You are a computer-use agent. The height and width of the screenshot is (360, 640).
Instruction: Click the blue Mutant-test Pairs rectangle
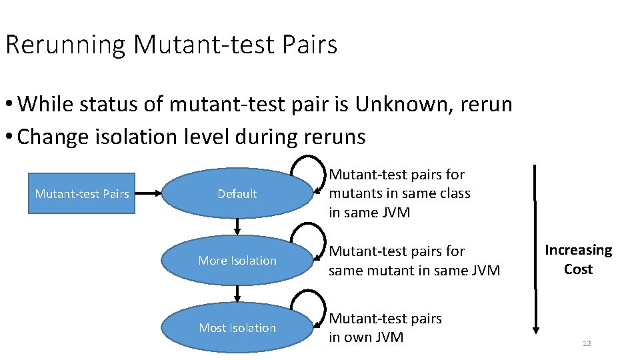(x=81, y=194)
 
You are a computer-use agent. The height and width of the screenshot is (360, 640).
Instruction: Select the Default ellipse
(x=237, y=194)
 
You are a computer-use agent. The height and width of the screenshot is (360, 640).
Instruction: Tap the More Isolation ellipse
(x=237, y=261)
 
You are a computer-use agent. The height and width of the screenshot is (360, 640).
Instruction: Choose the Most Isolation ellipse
(x=237, y=328)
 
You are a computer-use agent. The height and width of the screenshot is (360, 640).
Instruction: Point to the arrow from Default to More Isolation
(x=237, y=227)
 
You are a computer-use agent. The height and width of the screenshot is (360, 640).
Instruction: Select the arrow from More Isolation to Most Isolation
(x=237, y=294)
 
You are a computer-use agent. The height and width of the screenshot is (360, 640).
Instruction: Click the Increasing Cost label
(x=578, y=259)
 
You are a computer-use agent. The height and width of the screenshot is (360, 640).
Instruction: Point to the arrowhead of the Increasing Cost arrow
(x=535, y=329)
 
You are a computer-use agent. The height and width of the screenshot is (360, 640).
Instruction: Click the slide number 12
(x=587, y=343)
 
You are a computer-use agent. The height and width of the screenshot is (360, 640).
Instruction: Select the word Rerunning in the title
(x=65, y=45)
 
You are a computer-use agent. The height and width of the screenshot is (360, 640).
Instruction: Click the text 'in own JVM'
(x=366, y=337)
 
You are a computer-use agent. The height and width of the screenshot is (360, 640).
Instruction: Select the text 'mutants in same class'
(x=399, y=193)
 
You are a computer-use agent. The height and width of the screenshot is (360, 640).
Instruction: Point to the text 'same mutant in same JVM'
(x=414, y=270)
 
